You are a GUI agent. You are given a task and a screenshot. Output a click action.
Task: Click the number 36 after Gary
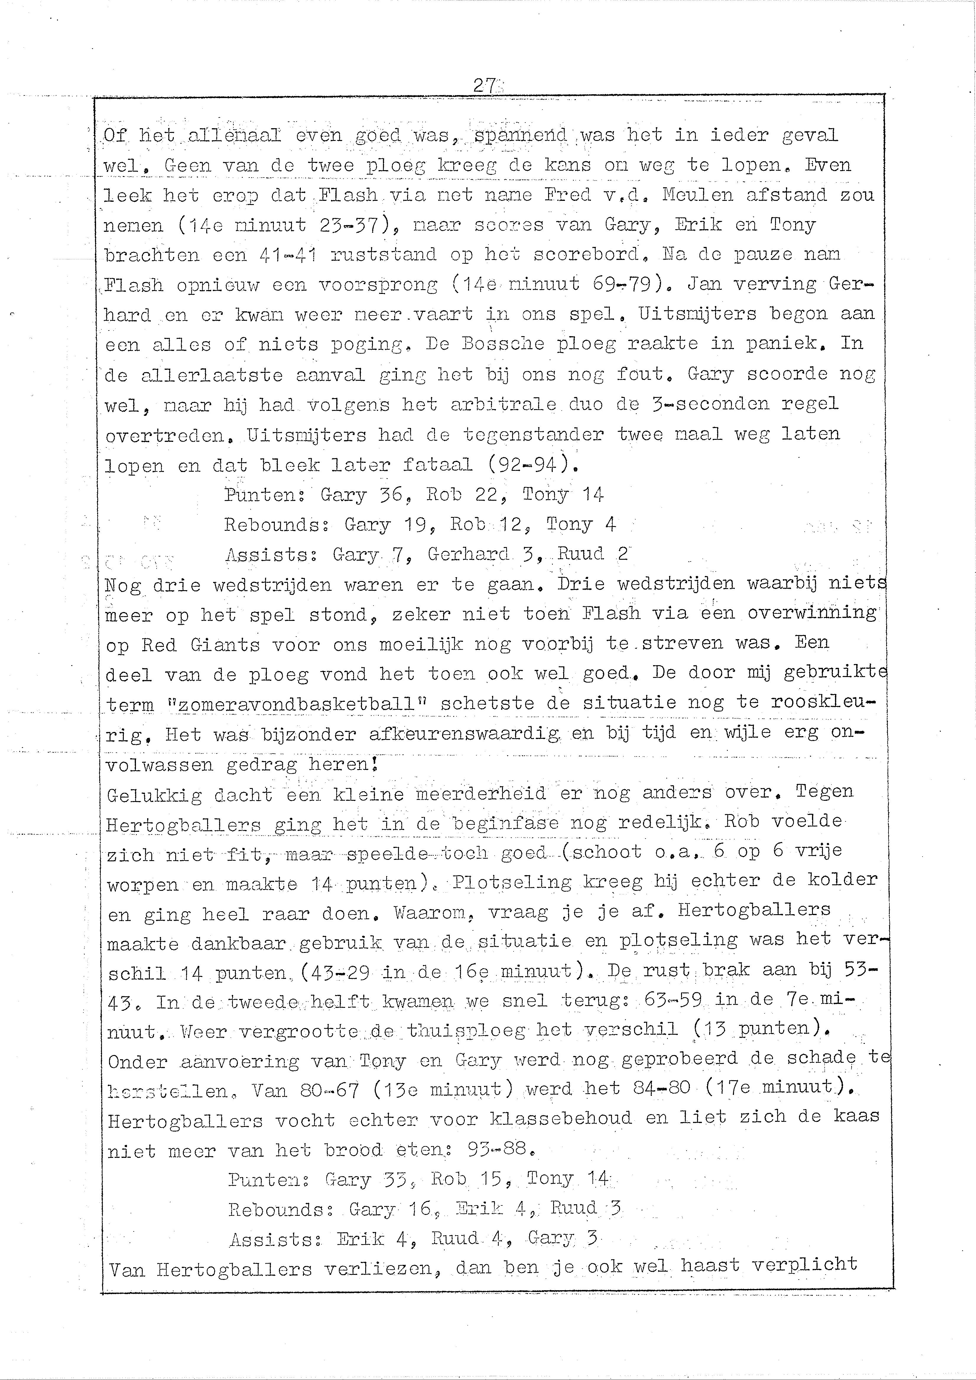click(392, 495)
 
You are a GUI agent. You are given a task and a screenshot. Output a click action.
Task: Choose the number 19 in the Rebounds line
click(415, 525)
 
